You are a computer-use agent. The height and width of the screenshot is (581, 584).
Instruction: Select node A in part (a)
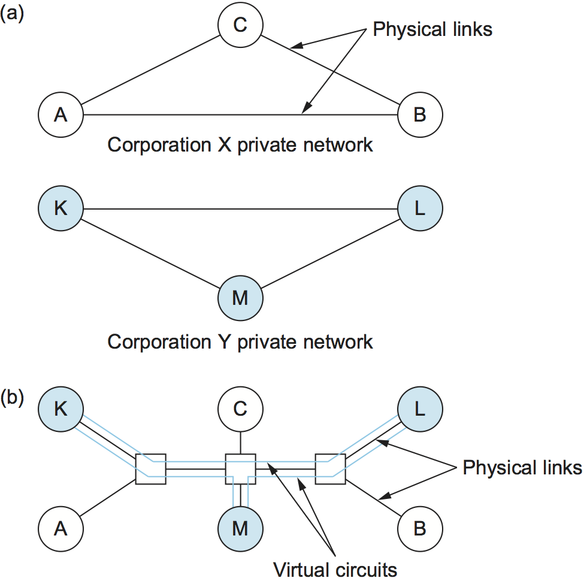(60, 114)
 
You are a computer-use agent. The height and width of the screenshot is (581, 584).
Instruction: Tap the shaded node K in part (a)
(60, 209)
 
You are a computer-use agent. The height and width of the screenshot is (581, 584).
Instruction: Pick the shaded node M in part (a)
(240, 297)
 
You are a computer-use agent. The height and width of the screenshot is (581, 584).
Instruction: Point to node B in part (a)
(420, 114)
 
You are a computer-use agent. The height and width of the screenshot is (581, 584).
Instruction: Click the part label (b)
(12, 398)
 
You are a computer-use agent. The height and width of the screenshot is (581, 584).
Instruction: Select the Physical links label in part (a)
(432, 29)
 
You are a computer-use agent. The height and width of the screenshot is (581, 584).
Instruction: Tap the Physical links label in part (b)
(522, 467)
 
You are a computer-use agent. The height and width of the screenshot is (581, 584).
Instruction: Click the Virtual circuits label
(335, 568)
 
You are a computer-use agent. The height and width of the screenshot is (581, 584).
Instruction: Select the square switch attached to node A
(150, 469)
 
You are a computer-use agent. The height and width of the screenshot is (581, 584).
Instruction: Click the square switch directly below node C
(240, 469)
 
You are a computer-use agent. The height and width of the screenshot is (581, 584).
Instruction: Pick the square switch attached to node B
(330, 469)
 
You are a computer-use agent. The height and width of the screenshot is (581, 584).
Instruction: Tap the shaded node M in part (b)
(240, 528)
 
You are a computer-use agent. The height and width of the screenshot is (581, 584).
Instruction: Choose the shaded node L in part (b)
(420, 410)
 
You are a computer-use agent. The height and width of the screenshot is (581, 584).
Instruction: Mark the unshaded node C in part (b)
(240, 410)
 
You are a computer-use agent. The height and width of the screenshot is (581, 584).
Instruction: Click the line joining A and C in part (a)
(150, 71)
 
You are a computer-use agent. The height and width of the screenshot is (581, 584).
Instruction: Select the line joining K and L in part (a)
(240, 209)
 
